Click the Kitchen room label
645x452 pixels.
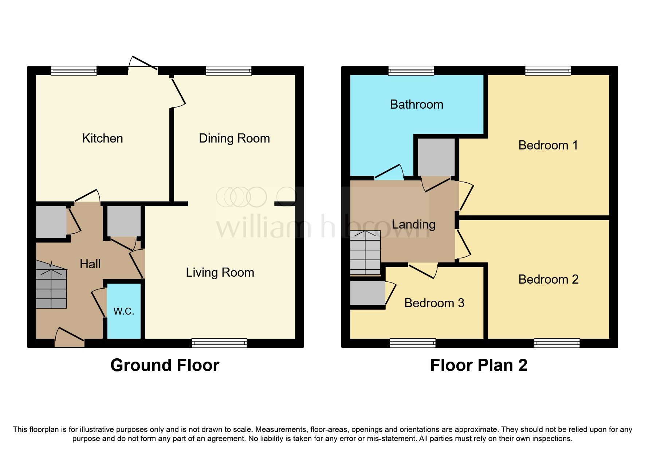[x=102, y=139]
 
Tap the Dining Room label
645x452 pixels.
[x=234, y=139]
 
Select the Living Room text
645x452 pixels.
[x=220, y=273]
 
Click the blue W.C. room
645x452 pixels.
[x=124, y=311]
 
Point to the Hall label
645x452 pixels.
[x=90, y=264]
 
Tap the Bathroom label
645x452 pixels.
[x=416, y=105]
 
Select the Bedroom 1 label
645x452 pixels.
[x=548, y=145]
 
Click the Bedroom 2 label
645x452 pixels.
[x=548, y=280]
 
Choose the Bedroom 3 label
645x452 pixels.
[x=434, y=303]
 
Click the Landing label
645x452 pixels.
[x=413, y=224]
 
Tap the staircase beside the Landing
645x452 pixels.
[x=365, y=253]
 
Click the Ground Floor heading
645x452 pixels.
[x=165, y=365]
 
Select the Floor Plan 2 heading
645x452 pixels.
[x=479, y=365]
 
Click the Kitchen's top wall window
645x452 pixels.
[x=74, y=70]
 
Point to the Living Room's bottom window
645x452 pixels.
[x=219, y=343]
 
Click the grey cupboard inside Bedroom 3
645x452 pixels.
[x=367, y=293]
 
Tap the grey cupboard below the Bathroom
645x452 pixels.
[x=436, y=157]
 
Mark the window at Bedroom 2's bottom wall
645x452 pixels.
[x=556, y=343]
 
